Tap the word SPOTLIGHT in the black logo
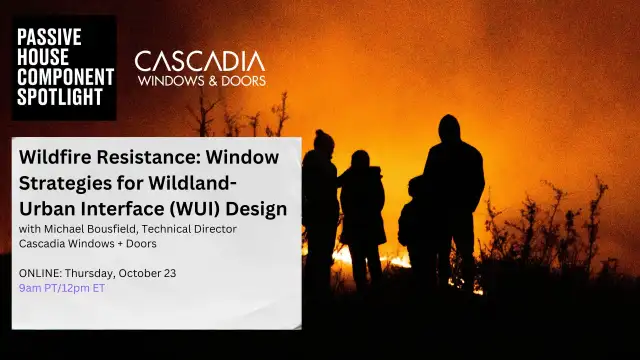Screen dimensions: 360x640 pyautogui.click(x=60, y=97)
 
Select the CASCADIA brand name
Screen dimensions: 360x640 pyautogui.click(x=200, y=62)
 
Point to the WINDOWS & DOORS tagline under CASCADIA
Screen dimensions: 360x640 pyautogui.click(x=200, y=80)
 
